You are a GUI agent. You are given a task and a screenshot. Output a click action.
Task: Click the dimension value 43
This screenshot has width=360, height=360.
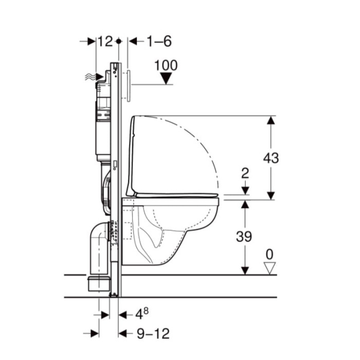tap(271, 158)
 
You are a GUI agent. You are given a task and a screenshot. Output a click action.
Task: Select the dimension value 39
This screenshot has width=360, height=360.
tap(244, 236)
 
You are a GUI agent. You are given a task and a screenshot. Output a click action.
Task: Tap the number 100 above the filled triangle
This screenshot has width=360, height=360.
tap(166, 65)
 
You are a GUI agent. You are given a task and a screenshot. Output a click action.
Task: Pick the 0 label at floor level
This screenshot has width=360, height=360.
tap(269, 255)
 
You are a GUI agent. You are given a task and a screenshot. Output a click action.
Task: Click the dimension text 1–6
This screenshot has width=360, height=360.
tap(159, 41)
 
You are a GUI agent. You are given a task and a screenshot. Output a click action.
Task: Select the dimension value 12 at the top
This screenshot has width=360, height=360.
tap(105, 41)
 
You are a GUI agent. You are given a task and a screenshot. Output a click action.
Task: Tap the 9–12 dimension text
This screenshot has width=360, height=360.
tap(153, 334)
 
